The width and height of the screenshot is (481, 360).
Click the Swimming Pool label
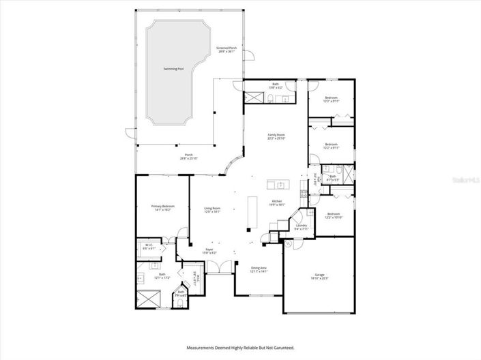[173, 70]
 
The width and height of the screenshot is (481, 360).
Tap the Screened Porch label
[227, 50]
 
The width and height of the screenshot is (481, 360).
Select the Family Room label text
[275, 137]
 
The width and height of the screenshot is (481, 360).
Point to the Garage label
[319, 277]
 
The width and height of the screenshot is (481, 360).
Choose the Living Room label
[212, 210]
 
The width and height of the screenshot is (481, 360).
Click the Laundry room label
[301, 227]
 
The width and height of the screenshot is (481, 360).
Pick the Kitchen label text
[277, 202]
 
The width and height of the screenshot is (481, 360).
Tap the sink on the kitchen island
[278, 184]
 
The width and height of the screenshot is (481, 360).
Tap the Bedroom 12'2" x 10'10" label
[333, 215]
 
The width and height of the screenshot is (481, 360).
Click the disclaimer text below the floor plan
[240, 347]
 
